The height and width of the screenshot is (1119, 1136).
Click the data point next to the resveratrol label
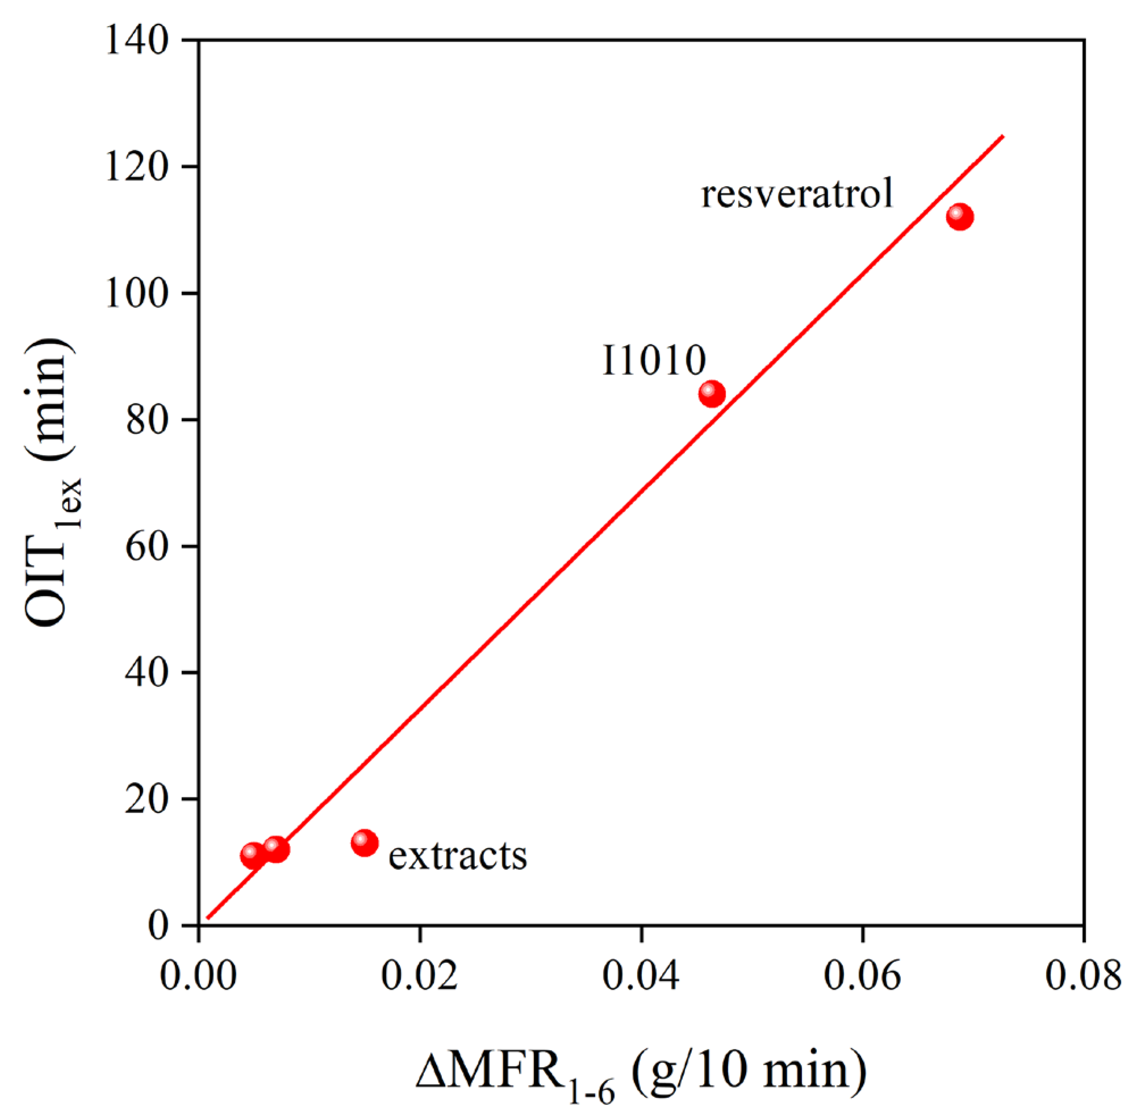[x=959, y=217]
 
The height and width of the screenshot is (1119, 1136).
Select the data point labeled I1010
[x=712, y=393]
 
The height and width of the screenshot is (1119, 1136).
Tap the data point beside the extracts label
[x=365, y=843]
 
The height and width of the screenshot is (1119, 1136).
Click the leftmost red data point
[x=253, y=856]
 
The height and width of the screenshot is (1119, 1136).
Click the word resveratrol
[x=797, y=194]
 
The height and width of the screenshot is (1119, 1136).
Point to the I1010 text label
[x=653, y=361]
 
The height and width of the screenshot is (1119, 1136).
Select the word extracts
[x=457, y=856]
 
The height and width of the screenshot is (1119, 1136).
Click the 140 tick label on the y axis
[x=137, y=41]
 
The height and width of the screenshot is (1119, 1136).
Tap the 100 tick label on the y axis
[x=137, y=294]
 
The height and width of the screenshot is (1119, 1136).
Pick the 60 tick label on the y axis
[x=147, y=547]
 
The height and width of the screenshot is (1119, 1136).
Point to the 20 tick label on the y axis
[x=147, y=800]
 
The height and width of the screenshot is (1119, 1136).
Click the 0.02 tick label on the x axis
[x=419, y=976]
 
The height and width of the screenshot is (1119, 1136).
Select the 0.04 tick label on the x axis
[x=641, y=976]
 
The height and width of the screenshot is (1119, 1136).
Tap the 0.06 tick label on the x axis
[x=862, y=976]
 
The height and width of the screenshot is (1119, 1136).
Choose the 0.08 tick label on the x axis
[x=1083, y=976]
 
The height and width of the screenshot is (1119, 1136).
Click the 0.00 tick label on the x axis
[x=198, y=976]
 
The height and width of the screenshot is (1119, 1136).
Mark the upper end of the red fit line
[x=1003, y=136]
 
